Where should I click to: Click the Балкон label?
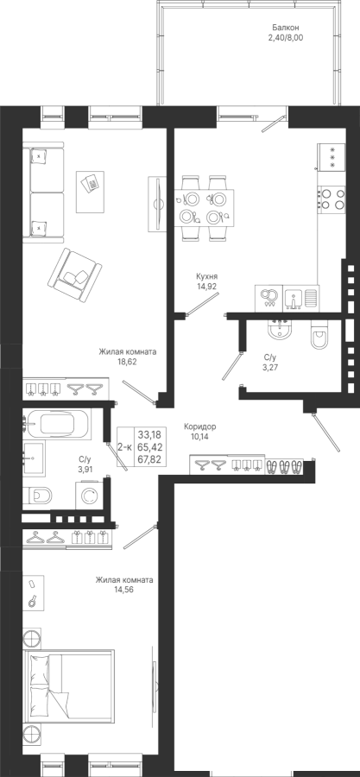285,28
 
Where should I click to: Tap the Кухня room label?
206,276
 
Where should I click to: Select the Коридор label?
200,426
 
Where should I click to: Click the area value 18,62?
127,362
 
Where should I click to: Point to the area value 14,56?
124,590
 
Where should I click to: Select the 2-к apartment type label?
124,447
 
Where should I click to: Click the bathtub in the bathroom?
57,424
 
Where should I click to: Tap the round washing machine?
90,495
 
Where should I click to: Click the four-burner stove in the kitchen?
332,199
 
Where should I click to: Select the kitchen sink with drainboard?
301,299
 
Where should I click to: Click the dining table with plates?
204,207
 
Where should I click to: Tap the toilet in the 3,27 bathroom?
319,337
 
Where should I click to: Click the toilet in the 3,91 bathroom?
38,495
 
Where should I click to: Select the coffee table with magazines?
90,192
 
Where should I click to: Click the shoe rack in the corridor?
284,466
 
